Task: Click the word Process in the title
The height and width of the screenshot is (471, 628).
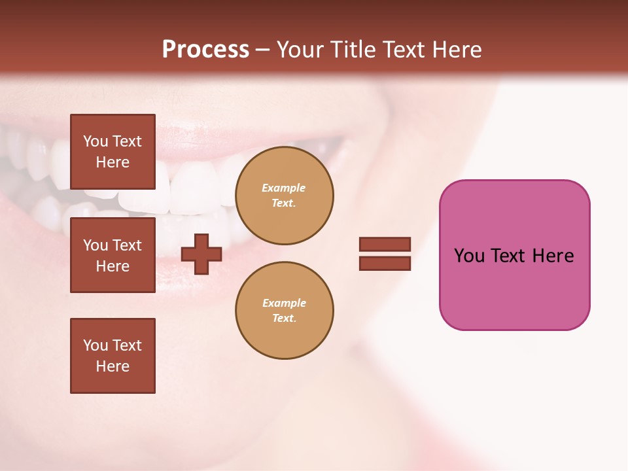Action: point(205,50)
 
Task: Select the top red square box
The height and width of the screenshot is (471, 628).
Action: point(113,152)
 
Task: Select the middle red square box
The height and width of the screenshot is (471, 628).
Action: point(113,255)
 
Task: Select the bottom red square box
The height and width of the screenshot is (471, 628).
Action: point(113,356)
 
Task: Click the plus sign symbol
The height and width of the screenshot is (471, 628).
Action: point(201,254)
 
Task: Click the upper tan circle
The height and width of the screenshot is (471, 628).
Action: point(285,196)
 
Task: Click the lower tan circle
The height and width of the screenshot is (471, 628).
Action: point(285,311)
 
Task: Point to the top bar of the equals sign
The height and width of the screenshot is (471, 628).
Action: point(385,245)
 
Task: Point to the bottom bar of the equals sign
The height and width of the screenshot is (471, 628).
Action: point(385,263)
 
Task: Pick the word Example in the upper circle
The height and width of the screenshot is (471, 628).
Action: point(284,188)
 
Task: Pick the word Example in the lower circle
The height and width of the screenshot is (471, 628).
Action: point(284,303)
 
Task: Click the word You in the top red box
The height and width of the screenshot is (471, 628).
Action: point(96,141)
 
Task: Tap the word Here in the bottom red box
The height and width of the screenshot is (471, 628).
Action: point(113,366)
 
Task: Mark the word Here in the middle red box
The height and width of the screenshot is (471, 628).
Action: point(113,266)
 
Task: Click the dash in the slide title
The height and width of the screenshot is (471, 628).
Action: point(263,50)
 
